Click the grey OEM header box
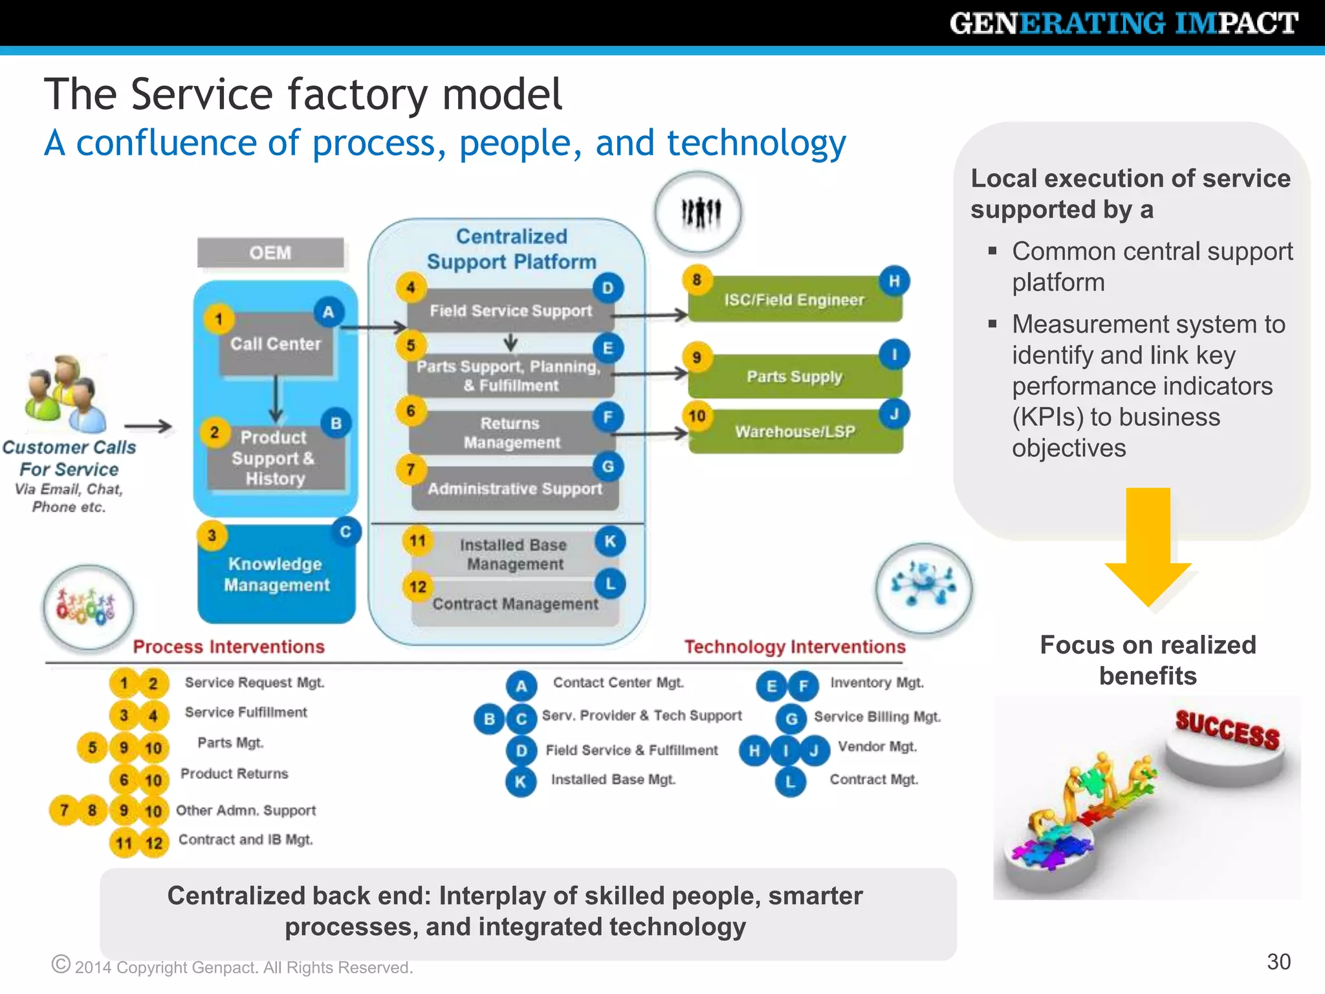(x=270, y=252)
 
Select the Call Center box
(x=276, y=344)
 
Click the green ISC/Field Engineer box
(x=794, y=300)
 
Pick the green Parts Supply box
(x=794, y=377)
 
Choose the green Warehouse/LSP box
(x=795, y=432)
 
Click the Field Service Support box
(x=510, y=311)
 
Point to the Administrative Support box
(x=514, y=489)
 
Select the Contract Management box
(x=515, y=604)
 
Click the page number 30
(x=1278, y=962)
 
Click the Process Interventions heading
(x=228, y=646)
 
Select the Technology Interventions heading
(x=794, y=646)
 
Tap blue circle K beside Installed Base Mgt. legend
(x=521, y=782)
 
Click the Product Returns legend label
(x=234, y=774)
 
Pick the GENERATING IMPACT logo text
(x=1123, y=23)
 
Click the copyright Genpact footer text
(x=243, y=967)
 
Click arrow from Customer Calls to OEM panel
(x=148, y=426)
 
